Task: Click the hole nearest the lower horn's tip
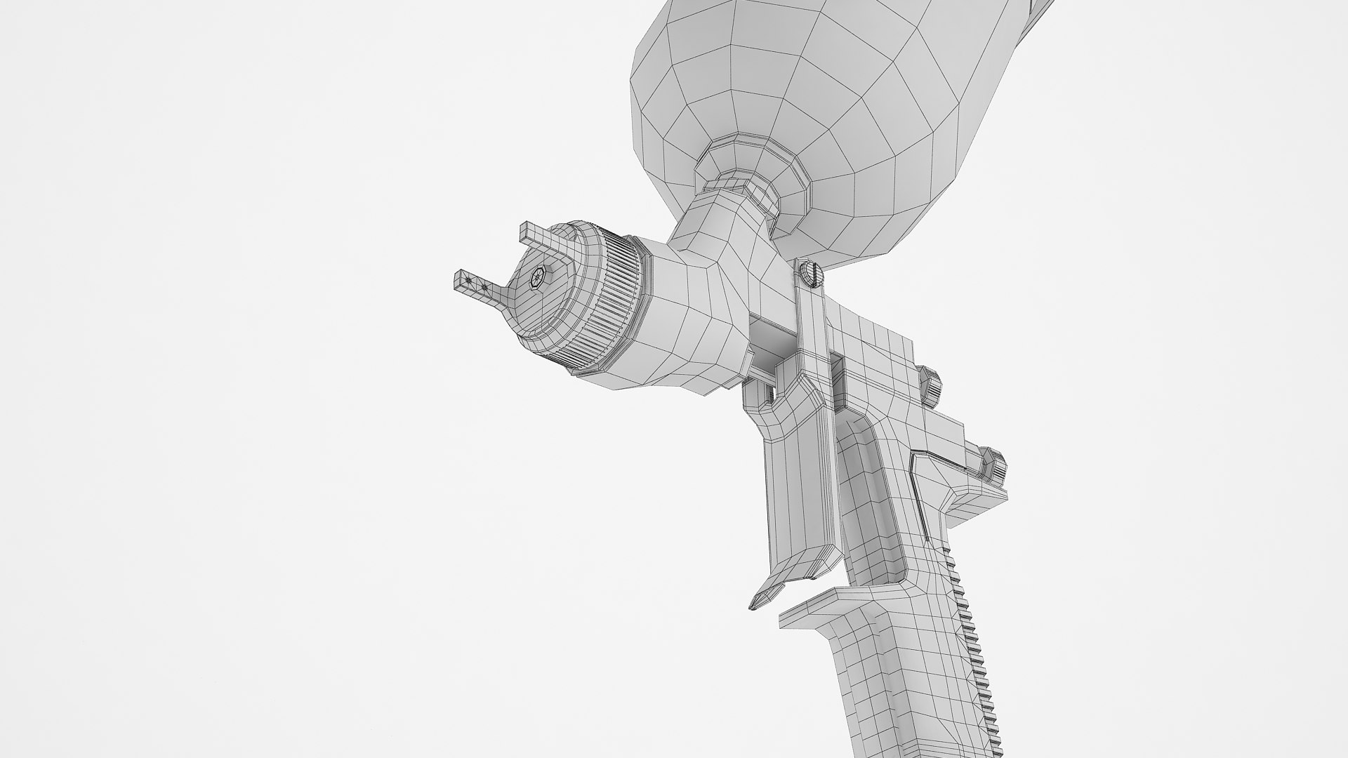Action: tap(468, 280)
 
